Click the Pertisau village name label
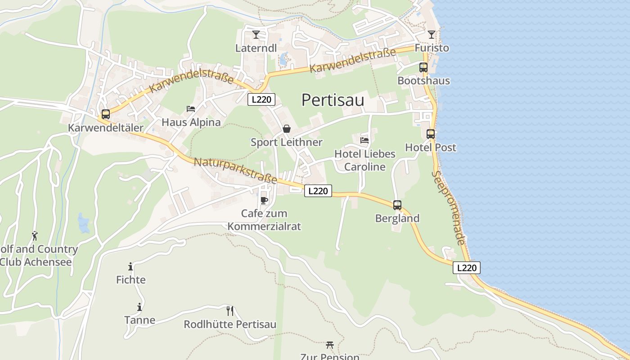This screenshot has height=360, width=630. [333, 100]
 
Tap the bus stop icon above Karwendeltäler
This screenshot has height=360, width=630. [106, 114]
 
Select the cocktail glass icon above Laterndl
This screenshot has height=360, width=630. [256, 35]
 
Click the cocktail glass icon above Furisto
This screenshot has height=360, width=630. [432, 35]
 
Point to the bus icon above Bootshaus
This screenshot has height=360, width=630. [423, 67]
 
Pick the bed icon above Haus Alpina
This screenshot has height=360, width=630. [191, 109]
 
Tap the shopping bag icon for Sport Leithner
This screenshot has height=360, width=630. [287, 129]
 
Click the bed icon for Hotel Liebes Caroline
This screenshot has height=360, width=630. [364, 140]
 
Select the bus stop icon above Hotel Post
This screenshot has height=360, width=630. [431, 134]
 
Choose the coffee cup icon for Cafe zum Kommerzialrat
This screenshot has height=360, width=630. [264, 200]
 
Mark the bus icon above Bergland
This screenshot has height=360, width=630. [397, 205]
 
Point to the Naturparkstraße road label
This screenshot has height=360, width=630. [235, 171]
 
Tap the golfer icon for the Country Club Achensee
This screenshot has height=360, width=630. [35, 235]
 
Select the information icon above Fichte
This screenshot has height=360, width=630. [130, 266]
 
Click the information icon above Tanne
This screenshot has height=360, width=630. [139, 307]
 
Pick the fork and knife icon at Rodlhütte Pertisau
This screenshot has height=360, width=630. [230, 311]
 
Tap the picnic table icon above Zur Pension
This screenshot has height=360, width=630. [330, 345]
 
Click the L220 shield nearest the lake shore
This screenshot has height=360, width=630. [467, 268]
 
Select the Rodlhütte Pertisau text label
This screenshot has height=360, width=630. [230, 324]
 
